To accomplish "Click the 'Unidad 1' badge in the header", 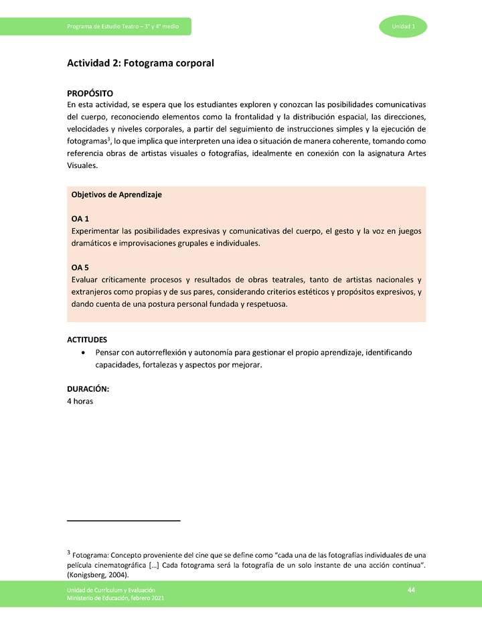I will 404,26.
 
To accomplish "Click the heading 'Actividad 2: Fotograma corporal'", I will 140,64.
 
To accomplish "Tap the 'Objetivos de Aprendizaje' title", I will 116,195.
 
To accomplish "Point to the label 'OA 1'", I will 80,219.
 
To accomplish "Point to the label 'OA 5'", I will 80,267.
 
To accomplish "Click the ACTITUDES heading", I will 87,339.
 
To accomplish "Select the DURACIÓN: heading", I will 88,389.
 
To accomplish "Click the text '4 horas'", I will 80,401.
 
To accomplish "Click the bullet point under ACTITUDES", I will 82,352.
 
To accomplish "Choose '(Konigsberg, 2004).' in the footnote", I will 98,575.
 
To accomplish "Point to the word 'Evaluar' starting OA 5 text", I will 85,279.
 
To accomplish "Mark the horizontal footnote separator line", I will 124,520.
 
